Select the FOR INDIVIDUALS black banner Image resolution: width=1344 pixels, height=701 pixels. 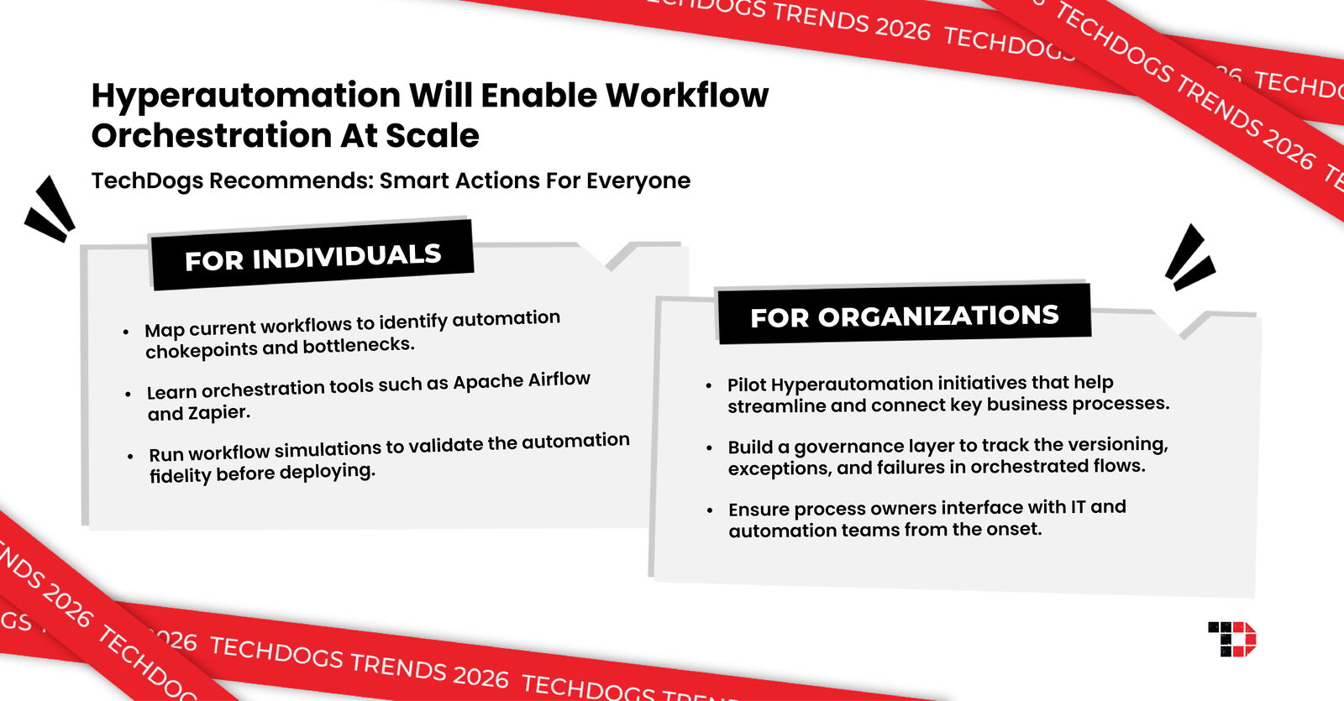pos(312,256)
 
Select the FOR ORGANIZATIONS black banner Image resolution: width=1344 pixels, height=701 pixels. pos(904,316)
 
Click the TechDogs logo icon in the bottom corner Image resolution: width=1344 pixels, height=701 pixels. pos(1231,639)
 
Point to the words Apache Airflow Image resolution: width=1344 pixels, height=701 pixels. pos(522,381)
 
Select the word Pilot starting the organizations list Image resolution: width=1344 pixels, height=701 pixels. pos(746,385)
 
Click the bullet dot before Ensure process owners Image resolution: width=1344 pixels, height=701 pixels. pos(710,510)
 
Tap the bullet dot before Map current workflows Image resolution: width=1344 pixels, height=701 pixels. pos(126,332)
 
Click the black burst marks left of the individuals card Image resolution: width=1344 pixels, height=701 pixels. pos(50,209)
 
